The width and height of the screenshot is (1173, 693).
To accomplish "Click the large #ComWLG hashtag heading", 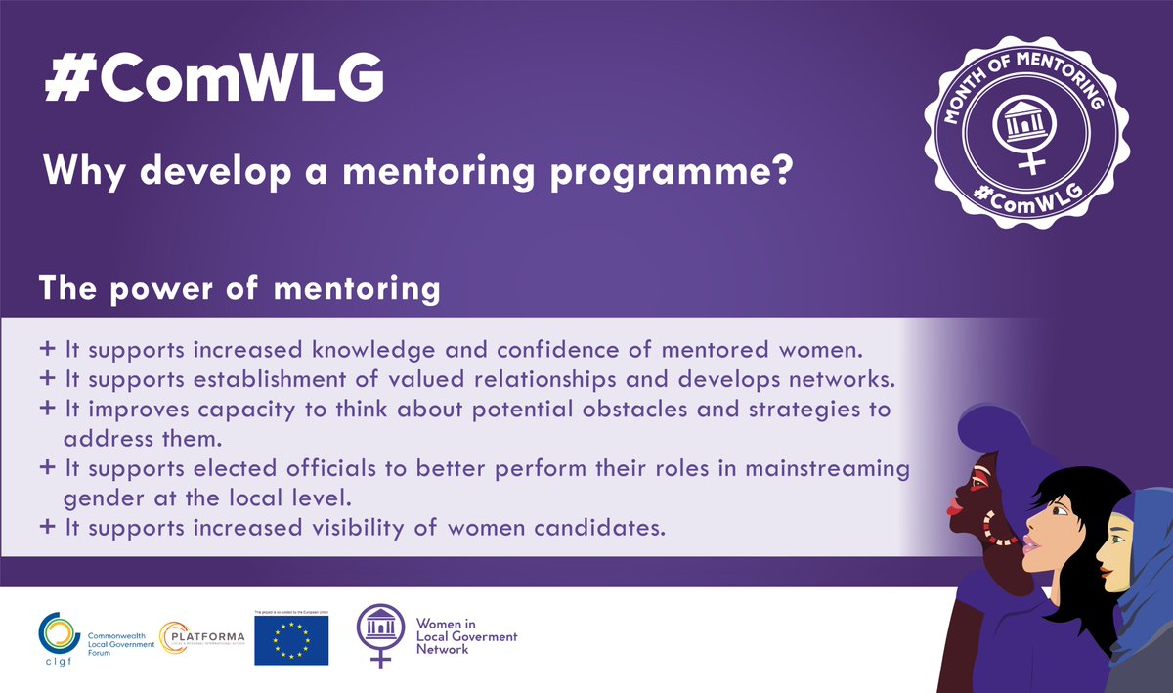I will (214, 82).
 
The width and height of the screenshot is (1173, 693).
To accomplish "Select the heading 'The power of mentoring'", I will (239, 290).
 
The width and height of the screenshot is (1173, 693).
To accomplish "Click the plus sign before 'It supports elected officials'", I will (48, 469).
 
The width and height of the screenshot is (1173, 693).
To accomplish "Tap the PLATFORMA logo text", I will (206, 631).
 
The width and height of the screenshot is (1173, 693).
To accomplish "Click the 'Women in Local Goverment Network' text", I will (466, 635).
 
